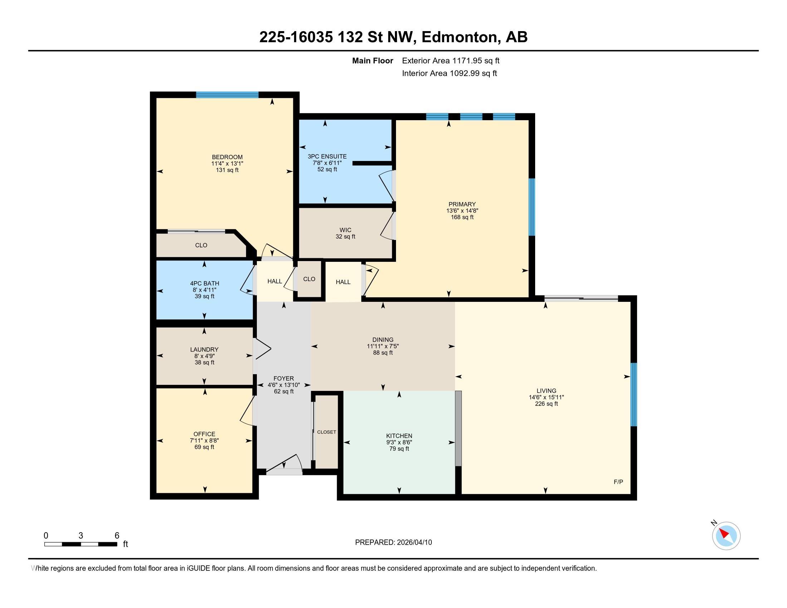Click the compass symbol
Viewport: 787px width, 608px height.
tap(726, 535)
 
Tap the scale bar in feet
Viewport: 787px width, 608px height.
tap(81, 544)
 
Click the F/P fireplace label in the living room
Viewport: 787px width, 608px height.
tap(619, 482)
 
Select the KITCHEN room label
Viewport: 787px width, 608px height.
tap(399, 436)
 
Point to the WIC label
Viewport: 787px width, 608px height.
tap(345, 230)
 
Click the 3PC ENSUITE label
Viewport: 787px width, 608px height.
tap(327, 156)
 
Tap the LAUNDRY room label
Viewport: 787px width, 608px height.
tap(204, 349)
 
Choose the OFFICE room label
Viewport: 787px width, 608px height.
tap(204, 434)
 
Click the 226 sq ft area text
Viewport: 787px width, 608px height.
tap(546, 404)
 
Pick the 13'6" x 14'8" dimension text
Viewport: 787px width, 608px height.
tap(462, 211)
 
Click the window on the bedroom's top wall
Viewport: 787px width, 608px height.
tap(228, 95)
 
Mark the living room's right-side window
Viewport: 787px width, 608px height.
tap(634, 394)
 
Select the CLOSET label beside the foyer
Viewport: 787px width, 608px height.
tap(327, 432)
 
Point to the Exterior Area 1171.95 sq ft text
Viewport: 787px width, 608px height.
tap(451, 60)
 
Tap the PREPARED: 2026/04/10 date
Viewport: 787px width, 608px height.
tap(393, 542)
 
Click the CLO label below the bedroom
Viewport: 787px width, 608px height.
tap(201, 245)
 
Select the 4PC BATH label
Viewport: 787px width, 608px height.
tap(204, 284)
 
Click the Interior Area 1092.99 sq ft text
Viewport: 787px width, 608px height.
tap(449, 73)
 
